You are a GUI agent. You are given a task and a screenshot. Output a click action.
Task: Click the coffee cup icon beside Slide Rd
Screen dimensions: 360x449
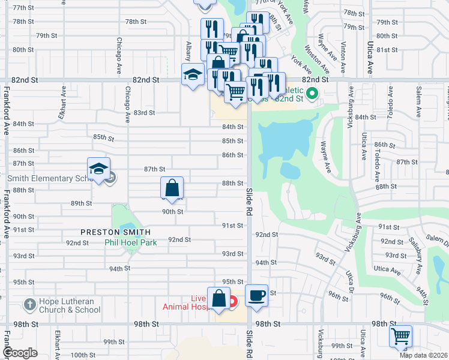(256, 296)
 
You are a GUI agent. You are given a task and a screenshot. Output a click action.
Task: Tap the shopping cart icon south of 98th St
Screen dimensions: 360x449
(400, 336)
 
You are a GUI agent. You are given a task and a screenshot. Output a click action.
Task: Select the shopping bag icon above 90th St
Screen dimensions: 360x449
(172, 188)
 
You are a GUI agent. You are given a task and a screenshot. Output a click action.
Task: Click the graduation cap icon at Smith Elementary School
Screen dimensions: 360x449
(99, 169)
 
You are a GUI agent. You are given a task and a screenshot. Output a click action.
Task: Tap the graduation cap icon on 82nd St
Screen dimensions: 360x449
(193, 75)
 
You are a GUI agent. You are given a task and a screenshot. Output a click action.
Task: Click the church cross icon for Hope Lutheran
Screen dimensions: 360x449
(29, 305)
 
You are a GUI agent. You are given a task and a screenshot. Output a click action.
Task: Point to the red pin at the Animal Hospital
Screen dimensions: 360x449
(232, 299)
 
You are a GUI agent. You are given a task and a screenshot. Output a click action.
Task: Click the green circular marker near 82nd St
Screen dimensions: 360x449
(312, 93)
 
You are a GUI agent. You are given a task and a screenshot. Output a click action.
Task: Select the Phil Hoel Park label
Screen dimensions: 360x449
(130, 242)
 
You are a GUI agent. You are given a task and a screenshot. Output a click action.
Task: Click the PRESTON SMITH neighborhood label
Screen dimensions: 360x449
(116, 232)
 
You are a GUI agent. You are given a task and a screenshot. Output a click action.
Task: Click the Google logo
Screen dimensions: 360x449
(20, 353)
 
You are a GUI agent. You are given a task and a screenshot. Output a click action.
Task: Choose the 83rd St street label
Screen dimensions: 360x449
(144, 112)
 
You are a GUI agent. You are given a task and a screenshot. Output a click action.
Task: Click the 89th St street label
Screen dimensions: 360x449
(81, 203)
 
